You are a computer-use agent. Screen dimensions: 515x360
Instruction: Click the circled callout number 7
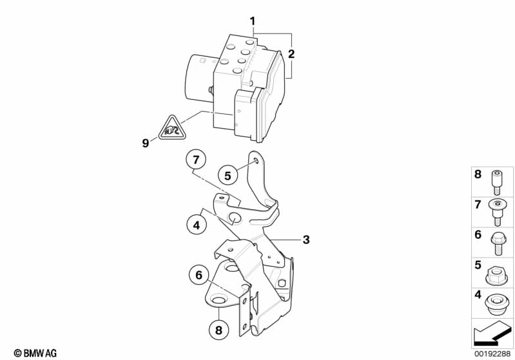click(x=197, y=158)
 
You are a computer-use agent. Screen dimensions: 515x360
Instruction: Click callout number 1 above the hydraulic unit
click(x=253, y=21)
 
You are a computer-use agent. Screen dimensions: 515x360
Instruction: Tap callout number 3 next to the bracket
click(x=306, y=240)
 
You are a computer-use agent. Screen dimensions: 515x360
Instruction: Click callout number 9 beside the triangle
click(x=145, y=143)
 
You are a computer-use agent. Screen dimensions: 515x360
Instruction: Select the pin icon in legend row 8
click(x=497, y=182)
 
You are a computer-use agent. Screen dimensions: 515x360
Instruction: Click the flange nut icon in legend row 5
click(x=497, y=274)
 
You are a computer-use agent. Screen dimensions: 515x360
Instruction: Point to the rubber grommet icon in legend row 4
click(x=497, y=303)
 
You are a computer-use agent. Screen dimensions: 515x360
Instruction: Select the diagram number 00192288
click(x=492, y=353)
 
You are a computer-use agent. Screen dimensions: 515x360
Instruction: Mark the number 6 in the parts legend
click(x=478, y=235)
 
